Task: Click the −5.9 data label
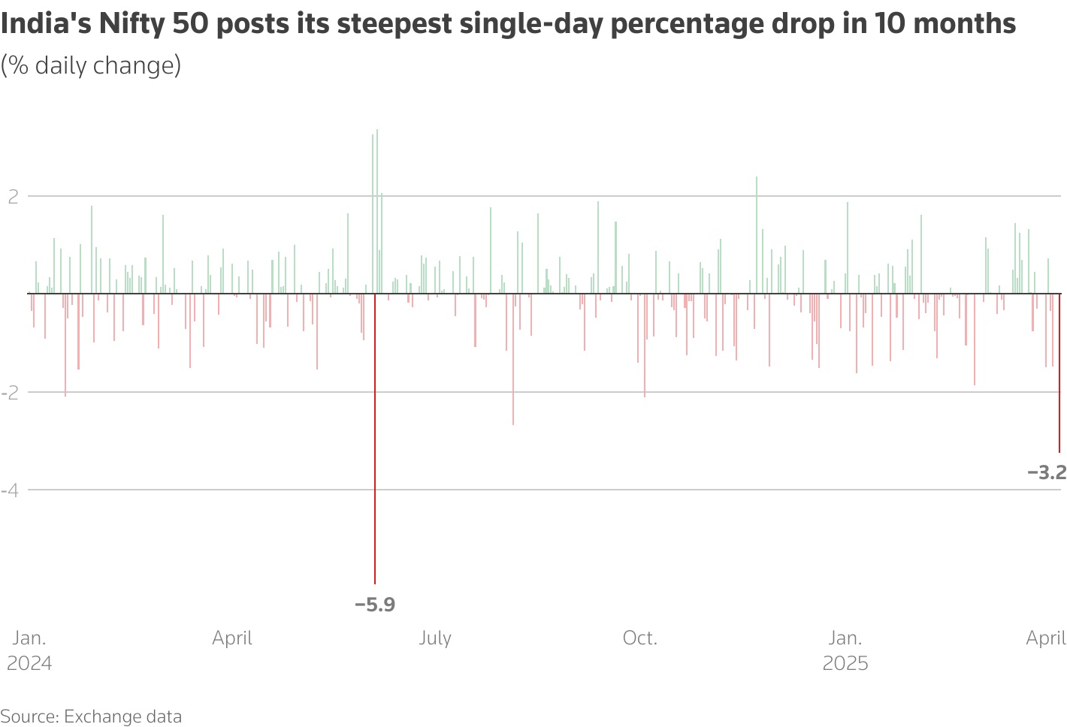pyautogui.click(x=374, y=605)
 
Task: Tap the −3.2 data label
pyautogui.click(x=1047, y=472)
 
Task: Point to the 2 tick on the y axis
pyautogui.click(x=13, y=197)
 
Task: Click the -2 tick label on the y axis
pyautogui.click(x=11, y=393)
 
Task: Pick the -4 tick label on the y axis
pyautogui.click(x=11, y=490)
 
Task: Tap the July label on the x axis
pyautogui.click(x=435, y=638)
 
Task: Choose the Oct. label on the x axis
pyautogui.click(x=640, y=638)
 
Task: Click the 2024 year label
pyautogui.click(x=29, y=664)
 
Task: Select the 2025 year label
pyautogui.click(x=845, y=664)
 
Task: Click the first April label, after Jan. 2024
pyautogui.click(x=232, y=638)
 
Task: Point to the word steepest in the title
pyautogui.click(x=391, y=24)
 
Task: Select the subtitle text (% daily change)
pyautogui.click(x=91, y=65)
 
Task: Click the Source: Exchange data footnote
pyautogui.click(x=91, y=716)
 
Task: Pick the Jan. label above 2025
pyautogui.click(x=845, y=638)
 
